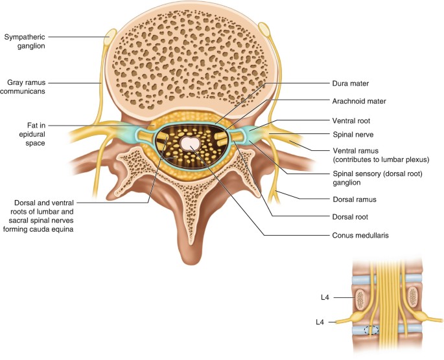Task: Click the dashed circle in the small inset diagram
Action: point(371,330)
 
